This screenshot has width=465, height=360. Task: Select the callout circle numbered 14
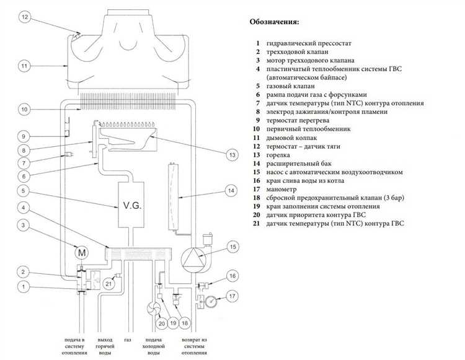coord(231,190)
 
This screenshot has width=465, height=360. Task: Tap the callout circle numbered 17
coord(232,296)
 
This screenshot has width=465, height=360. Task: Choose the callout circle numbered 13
coord(232,154)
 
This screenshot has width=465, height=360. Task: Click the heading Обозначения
coord(274,22)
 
